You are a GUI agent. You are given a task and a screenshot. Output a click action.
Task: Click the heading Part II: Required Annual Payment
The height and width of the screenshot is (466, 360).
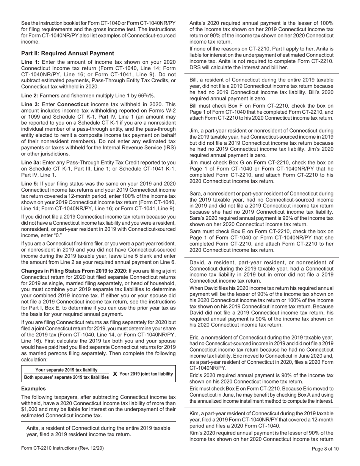[67, 53]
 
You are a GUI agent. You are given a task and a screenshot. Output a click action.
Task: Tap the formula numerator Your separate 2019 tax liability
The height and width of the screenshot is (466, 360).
[66, 370]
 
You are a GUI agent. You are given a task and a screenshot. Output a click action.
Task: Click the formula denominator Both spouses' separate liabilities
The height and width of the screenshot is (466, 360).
[66, 377]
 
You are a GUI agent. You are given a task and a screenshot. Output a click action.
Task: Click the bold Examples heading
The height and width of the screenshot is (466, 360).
[33, 389]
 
